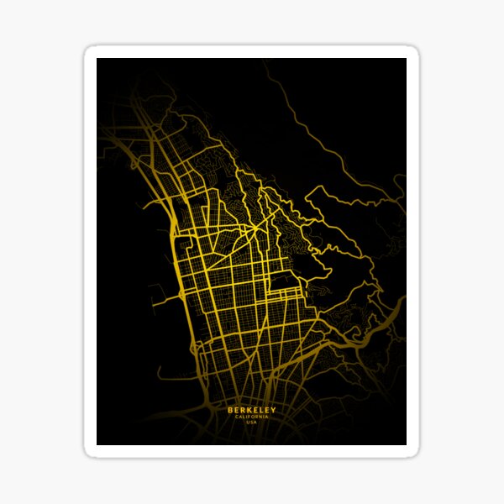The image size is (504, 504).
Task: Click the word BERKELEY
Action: (251, 410)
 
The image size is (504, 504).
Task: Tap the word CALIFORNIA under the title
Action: (251, 417)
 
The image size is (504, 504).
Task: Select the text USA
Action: (251, 422)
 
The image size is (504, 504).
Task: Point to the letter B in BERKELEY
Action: (229, 410)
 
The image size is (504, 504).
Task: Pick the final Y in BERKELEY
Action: (273, 410)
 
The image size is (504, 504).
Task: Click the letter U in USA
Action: (248, 422)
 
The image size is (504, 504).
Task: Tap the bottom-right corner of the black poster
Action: (406, 444)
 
